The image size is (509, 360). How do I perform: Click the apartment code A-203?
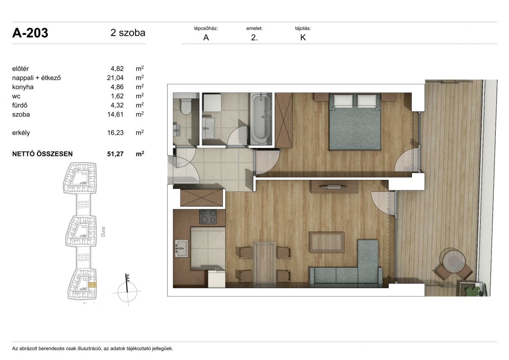click(30, 33)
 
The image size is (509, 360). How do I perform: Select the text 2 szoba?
click(128, 33)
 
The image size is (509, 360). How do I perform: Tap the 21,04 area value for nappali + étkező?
click(115, 78)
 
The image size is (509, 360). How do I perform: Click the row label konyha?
click(23, 87)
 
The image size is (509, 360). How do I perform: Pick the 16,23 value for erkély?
click(115, 133)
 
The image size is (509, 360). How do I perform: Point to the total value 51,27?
click(115, 154)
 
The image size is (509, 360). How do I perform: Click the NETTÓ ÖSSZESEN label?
click(43, 154)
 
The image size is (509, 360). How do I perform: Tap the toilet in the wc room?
click(186, 107)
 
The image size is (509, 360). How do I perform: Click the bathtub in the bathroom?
click(261, 118)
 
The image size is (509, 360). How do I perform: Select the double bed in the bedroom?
click(355, 122)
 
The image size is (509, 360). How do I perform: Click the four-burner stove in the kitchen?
click(208, 217)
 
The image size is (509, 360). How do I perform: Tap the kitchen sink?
click(181, 248)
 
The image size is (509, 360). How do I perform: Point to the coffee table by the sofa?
click(327, 242)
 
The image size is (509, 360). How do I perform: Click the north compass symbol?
click(127, 290)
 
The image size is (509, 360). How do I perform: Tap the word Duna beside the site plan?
click(103, 232)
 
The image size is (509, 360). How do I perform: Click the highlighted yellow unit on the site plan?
click(92, 285)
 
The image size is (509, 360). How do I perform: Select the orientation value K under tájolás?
click(303, 37)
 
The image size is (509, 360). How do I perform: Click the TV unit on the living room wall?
click(334, 187)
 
